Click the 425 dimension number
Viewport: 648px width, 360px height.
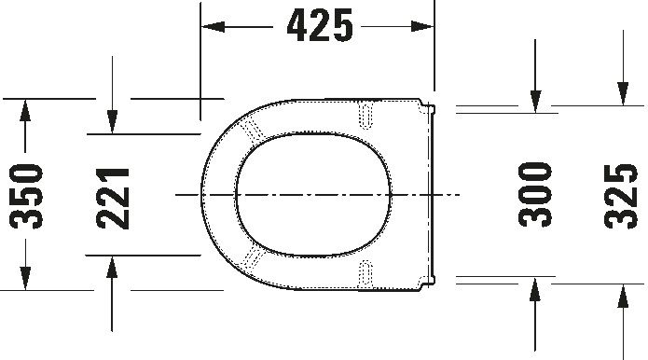tap(320, 25)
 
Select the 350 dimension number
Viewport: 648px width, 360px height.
tap(26, 197)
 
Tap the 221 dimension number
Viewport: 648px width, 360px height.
tap(113, 199)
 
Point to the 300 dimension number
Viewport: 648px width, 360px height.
tap(535, 194)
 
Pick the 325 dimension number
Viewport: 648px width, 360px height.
tap(621, 196)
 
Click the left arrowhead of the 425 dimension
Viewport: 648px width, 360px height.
tap(213, 27)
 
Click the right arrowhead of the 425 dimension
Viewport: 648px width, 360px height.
tap(422, 27)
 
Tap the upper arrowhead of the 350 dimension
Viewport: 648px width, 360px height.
tap(25, 110)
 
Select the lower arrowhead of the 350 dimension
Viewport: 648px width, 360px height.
tap(25, 279)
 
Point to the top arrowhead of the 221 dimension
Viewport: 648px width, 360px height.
tap(112, 122)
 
